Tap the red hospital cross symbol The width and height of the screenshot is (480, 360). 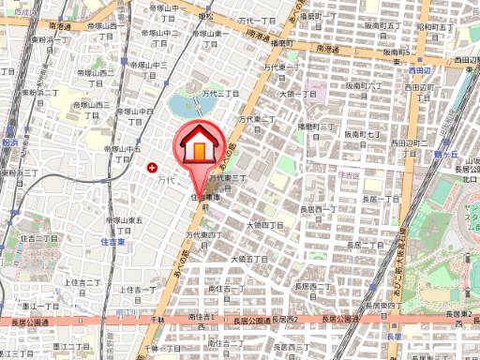coord(153,167)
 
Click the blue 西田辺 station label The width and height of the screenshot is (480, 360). coord(421,70)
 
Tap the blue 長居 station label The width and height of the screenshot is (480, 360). coord(394,337)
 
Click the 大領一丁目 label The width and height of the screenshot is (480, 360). coord(299,95)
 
